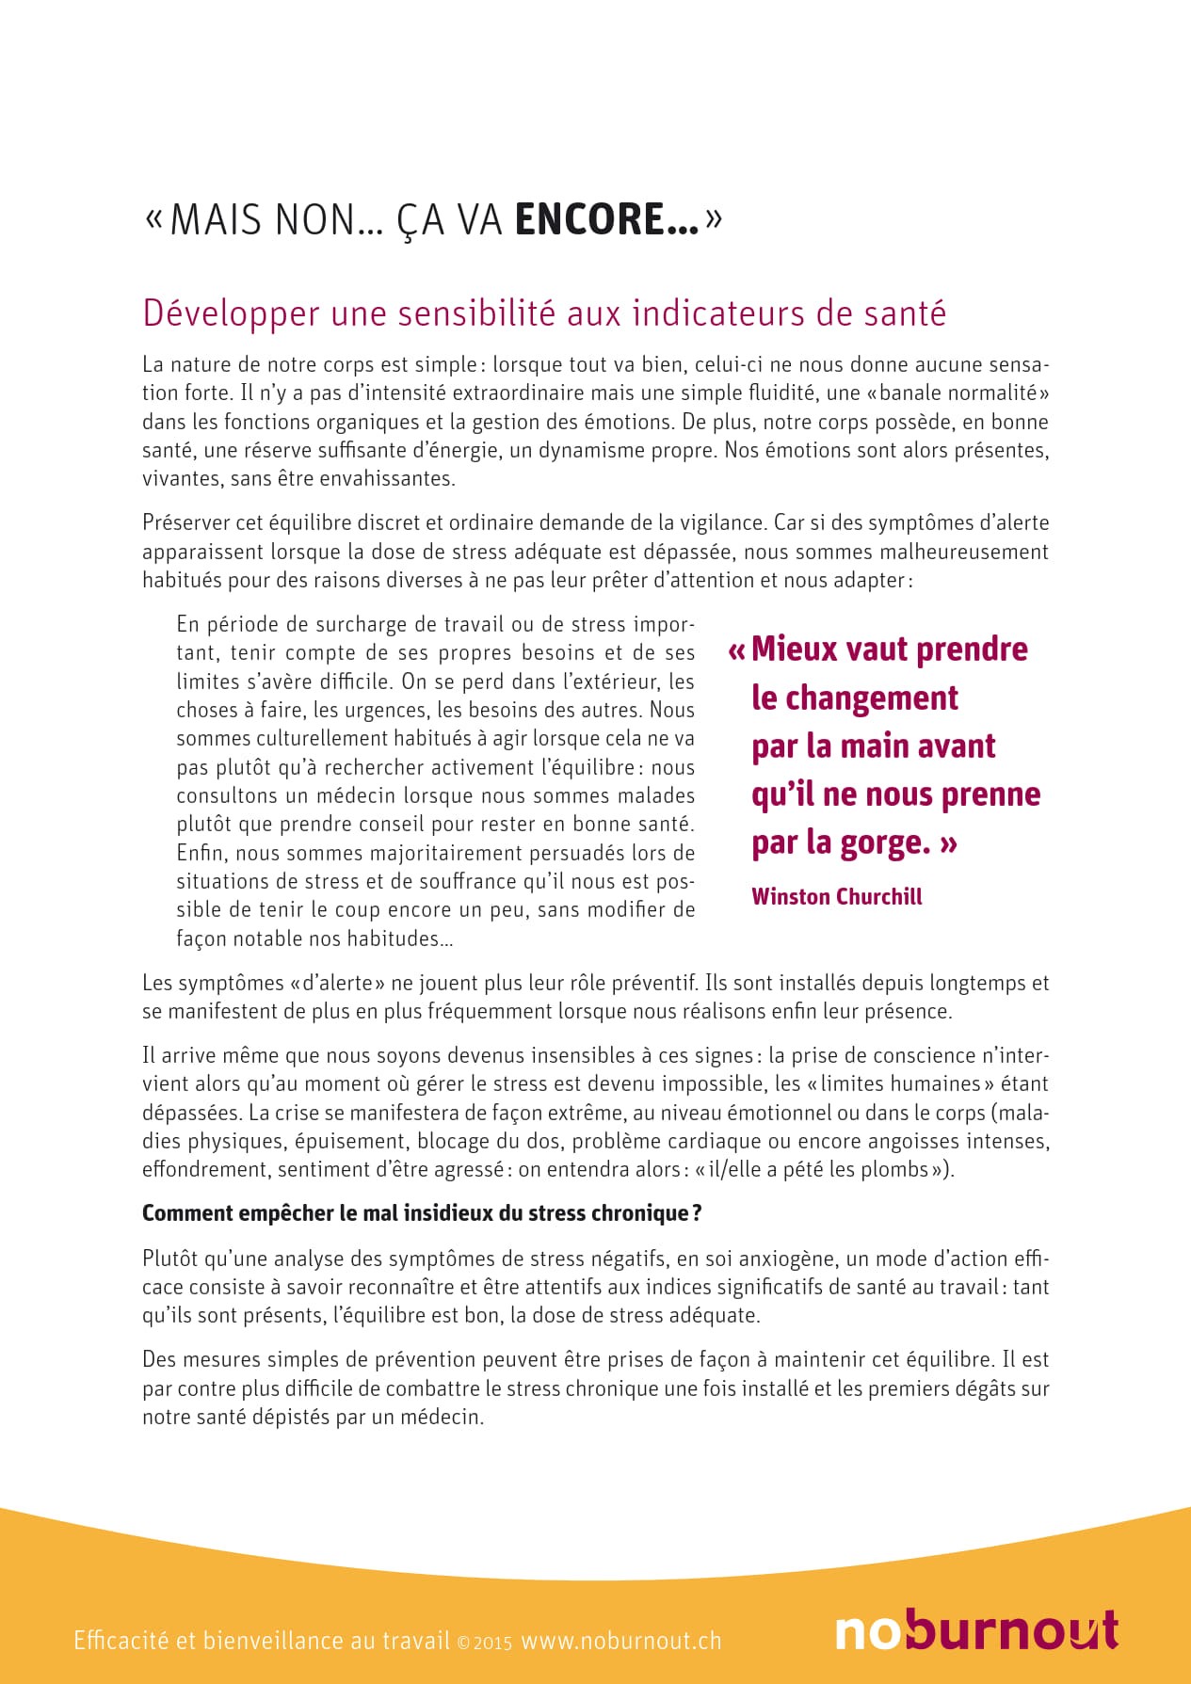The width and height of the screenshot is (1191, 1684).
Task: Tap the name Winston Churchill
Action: pos(836,896)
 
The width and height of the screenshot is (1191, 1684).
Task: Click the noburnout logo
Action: pos(975,1630)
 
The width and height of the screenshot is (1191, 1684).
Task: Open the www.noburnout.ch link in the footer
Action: pos(621,1641)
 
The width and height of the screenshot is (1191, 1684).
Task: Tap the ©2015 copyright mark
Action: pos(484,1643)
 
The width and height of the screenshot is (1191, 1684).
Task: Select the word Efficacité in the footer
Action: pos(121,1641)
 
